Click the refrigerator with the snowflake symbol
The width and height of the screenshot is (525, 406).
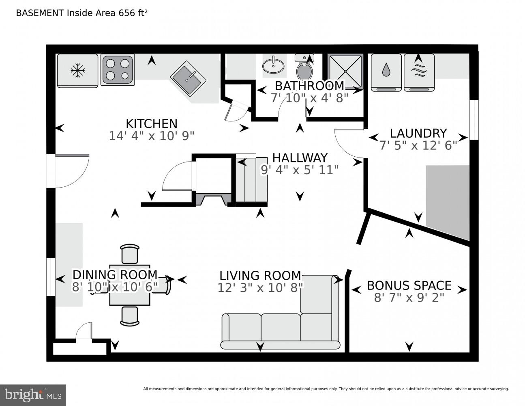77,71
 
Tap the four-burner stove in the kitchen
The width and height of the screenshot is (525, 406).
118,69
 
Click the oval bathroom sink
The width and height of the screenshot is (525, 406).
273,65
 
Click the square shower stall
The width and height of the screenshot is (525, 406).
345,71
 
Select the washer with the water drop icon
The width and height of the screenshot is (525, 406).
386,71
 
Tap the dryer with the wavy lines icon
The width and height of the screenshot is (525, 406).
419,71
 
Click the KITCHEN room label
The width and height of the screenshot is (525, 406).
151,123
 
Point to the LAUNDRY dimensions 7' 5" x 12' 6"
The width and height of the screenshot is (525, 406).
418,145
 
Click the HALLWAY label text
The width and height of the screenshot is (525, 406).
300,158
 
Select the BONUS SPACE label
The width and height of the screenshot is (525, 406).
409,285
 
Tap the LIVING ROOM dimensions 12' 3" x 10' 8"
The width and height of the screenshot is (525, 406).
260,288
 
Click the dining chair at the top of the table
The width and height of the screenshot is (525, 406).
130,254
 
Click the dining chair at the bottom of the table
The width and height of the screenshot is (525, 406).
130,316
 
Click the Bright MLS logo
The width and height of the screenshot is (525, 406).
32,395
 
